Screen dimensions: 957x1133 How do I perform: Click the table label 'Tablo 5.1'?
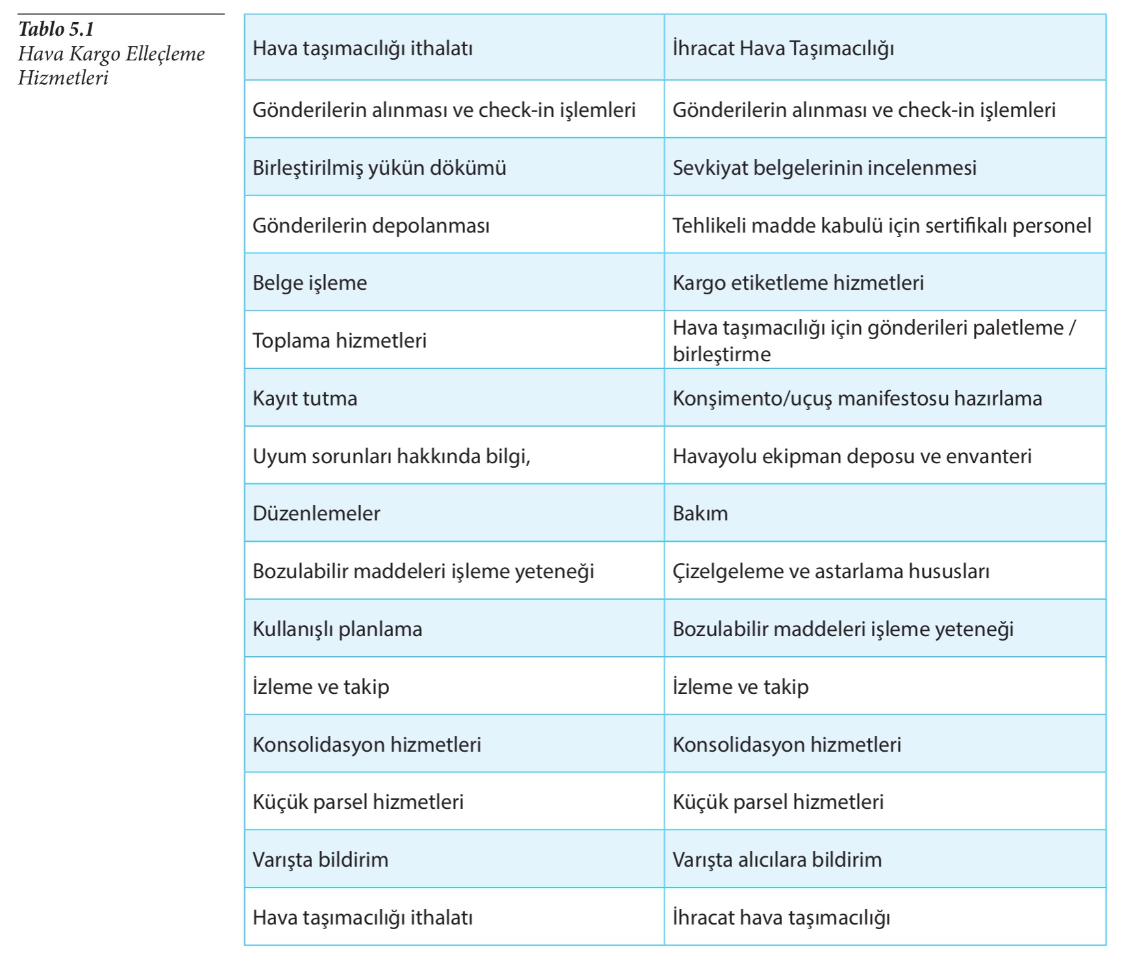coord(57,29)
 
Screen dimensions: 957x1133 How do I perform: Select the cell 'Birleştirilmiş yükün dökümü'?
coord(379,168)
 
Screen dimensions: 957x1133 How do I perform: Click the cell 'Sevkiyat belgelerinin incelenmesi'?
coord(824,168)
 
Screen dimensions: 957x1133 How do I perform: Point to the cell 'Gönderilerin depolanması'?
coord(371,225)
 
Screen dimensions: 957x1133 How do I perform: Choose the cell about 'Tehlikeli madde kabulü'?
coord(882,225)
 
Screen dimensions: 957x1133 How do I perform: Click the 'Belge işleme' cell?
coord(310,283)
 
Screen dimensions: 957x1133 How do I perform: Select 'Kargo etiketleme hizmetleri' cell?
coord(798,283)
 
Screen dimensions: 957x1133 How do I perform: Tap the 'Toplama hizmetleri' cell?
coord(339,340)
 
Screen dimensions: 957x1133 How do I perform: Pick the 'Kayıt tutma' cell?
coord(305,398)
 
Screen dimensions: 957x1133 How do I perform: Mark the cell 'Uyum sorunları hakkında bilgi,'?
coord(391,456)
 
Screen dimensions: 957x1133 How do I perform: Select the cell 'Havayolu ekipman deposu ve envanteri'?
coord(852,456)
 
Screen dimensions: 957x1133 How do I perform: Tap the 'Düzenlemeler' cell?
coord(316,513)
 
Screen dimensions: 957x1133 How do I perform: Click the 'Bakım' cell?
coord(700,513)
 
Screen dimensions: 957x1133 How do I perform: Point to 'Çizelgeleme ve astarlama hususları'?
coord(830,571)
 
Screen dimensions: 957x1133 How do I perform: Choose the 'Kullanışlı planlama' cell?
coord(337,629)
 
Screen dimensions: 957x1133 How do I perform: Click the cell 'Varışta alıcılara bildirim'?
coord(777,860)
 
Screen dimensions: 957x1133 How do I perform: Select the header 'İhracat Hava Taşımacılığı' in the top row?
coord(783,48)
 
